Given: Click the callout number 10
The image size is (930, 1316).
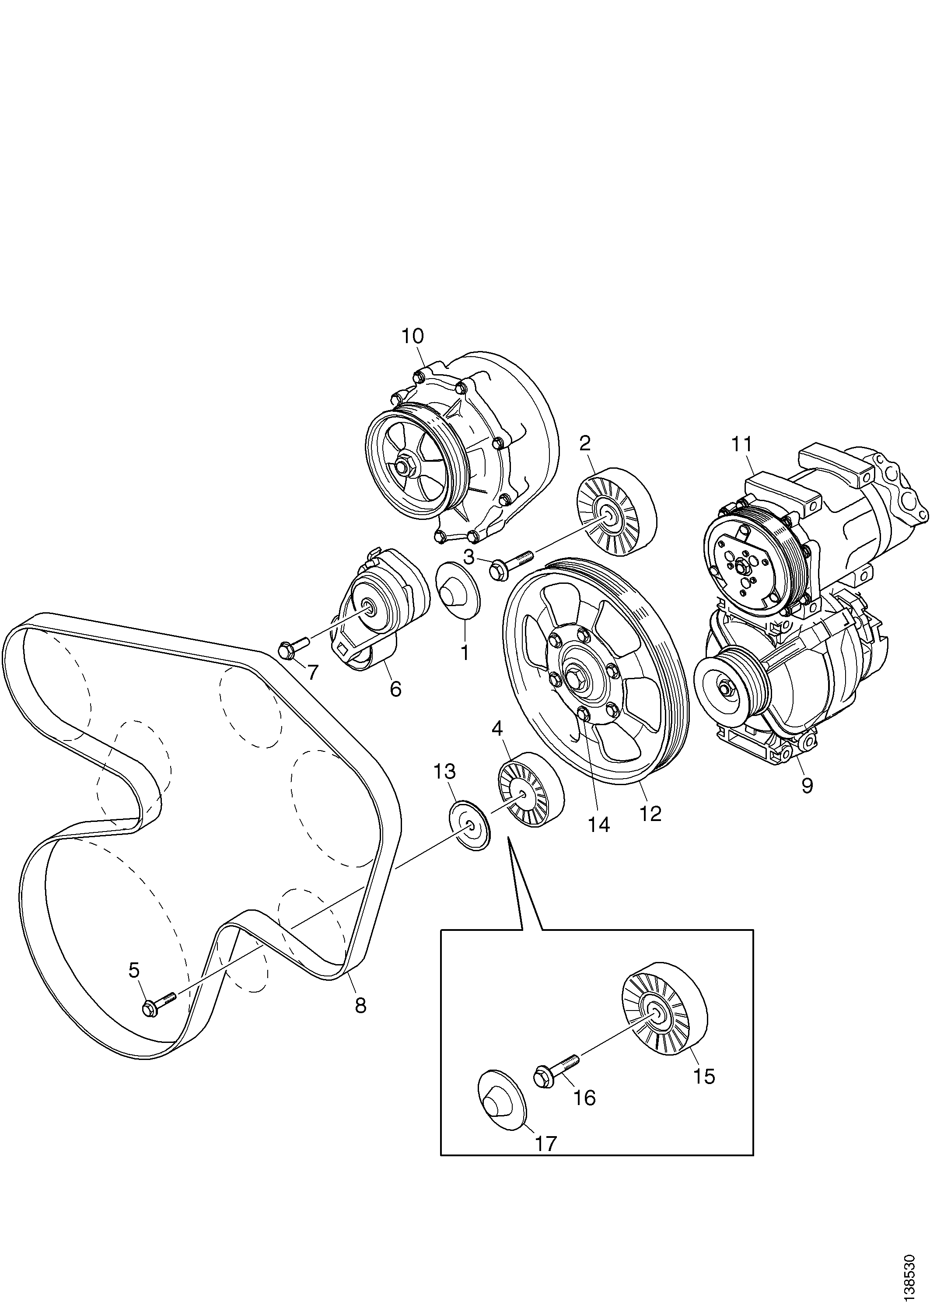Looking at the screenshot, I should tap(412, 337).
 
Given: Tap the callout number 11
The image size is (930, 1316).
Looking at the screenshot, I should tap(741, 444).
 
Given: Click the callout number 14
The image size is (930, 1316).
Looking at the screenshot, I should tap(599, 824).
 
